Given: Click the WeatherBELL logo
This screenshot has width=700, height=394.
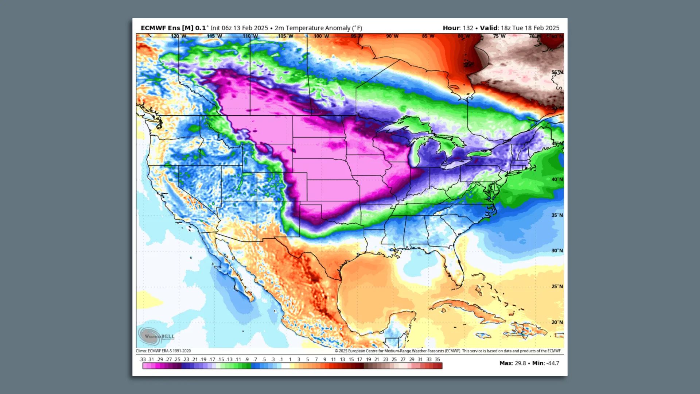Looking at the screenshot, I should click(156, 336).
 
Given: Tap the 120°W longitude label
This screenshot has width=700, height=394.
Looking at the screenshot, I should click(179, 36).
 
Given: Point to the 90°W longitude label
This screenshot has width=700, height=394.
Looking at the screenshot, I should click(392, 36).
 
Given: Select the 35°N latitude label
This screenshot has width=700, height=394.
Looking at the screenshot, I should click(557, 215).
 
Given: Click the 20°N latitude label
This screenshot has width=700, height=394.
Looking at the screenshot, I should click(557, 322).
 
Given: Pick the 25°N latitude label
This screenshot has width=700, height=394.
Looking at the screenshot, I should click(557, 286).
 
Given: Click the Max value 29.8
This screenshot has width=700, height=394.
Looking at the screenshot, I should click(520, 363).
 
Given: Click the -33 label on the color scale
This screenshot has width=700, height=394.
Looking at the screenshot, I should click(142, 359).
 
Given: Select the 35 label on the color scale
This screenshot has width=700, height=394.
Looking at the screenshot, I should click(437, 359).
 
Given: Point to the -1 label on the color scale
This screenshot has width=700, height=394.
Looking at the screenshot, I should click(281, 359).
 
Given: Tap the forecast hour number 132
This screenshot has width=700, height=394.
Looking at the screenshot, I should click(468, 28).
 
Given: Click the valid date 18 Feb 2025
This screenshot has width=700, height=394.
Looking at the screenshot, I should click(541, 28).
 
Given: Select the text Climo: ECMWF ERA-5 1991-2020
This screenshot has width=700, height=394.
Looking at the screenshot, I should click(163, 351).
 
